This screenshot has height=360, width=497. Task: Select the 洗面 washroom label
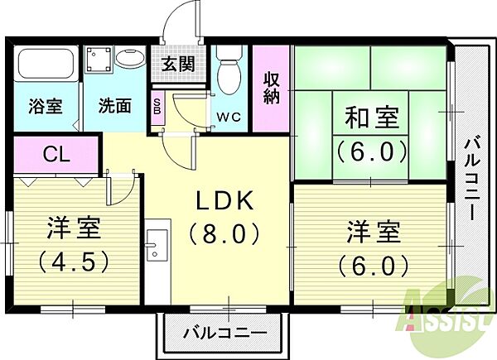pyautogui.click(x=114, y=106)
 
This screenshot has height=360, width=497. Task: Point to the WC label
pyautogui.click(x=229, y=117)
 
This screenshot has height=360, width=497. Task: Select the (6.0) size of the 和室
pyautogui.click(x=371, y=152)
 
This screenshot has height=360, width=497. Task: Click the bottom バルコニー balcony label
pyautogui.click(x=224, y=333)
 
